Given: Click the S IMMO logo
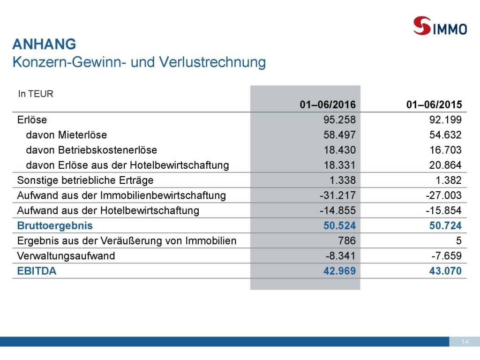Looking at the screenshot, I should (440, 26).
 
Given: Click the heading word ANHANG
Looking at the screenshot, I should (44, 45).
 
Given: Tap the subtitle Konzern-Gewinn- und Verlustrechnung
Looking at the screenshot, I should (139, 62).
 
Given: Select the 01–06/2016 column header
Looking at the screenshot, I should (328, 105).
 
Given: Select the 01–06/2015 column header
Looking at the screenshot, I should (434, 105).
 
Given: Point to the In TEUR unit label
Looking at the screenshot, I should (36, 94).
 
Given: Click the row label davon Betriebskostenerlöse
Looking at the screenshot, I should (91, 150).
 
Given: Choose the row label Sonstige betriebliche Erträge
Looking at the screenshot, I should (85, 180).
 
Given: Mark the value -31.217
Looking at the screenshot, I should (338, 195).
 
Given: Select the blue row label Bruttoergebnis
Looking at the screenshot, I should (55, 225).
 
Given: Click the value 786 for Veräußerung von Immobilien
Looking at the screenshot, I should (347, 241).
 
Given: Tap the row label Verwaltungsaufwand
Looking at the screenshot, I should (66, 256).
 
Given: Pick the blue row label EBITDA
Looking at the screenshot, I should (37, 271).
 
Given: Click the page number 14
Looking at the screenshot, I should (465, 342).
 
